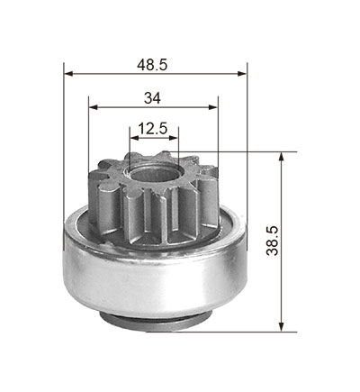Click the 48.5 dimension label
click(152, 65)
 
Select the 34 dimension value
click(152, 98)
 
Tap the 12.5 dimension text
click(152, 129)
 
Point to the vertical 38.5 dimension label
click(273, 241)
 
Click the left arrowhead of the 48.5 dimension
click(69, 74)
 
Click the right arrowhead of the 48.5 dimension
click(242, 74)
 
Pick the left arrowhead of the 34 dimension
click(94, 107)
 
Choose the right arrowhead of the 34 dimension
click(213, 107)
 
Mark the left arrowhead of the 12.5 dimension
click(134, 138)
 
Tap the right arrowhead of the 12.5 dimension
click(174, 138)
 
